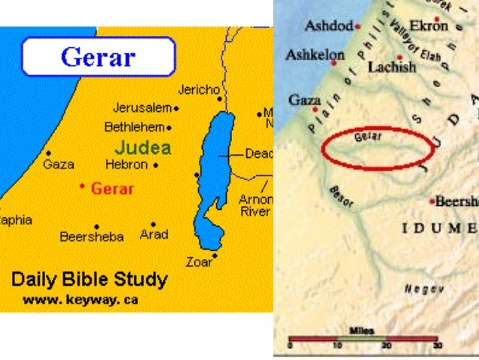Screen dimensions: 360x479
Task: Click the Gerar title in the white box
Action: point(98,56)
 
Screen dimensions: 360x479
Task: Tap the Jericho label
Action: point(198,89)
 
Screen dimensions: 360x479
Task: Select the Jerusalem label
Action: point(142,107)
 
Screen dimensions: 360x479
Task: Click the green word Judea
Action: point(143,147)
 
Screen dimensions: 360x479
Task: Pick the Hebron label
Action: point(126,164)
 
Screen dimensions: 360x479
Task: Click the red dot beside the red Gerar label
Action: point(83,185)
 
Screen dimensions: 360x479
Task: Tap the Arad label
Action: point(154,234)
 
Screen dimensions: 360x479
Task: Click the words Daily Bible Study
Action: point(89,280)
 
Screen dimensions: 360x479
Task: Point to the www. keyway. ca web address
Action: point(80,299)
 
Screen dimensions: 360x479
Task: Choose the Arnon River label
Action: point(255,205)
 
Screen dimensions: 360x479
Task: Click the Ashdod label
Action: point(328,26)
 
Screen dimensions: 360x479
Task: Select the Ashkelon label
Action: point(315,55)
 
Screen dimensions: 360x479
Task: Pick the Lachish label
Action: point(391,67)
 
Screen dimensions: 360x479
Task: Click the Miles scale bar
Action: point(363,340)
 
